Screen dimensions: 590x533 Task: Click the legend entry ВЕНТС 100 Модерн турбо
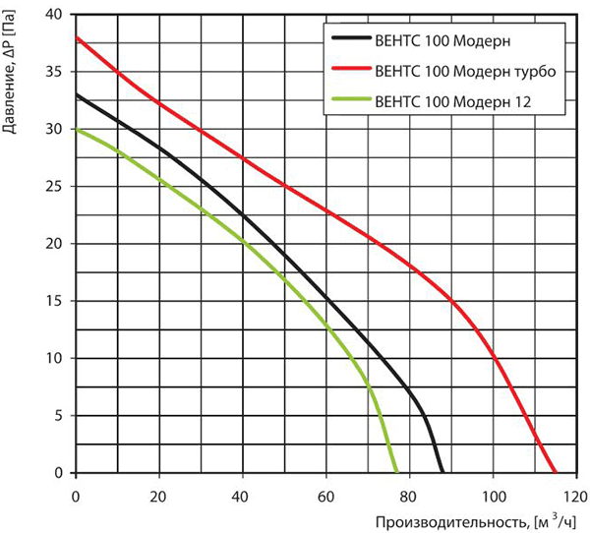465,71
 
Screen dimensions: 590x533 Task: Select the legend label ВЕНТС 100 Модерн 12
453,101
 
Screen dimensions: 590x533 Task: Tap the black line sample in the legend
351,37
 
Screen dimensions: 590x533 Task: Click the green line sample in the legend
351,99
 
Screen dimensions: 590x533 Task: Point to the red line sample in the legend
351,68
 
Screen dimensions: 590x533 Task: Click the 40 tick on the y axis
54,15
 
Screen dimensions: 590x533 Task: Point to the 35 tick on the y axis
54,72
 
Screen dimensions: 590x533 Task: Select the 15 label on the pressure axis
54,301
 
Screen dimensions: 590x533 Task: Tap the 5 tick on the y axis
58,416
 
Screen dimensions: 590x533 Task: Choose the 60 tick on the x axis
325,497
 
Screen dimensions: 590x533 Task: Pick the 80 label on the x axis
409,497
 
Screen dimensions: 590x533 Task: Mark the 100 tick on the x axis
494,497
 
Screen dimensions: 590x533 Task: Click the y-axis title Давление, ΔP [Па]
9,72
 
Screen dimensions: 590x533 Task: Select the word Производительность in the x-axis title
450,522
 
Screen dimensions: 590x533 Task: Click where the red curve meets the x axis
555,472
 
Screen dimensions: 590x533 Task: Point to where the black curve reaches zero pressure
442,472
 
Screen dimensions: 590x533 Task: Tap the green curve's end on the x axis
396,472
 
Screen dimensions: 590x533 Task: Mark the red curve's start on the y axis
77,37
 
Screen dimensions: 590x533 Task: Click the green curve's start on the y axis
77,129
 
